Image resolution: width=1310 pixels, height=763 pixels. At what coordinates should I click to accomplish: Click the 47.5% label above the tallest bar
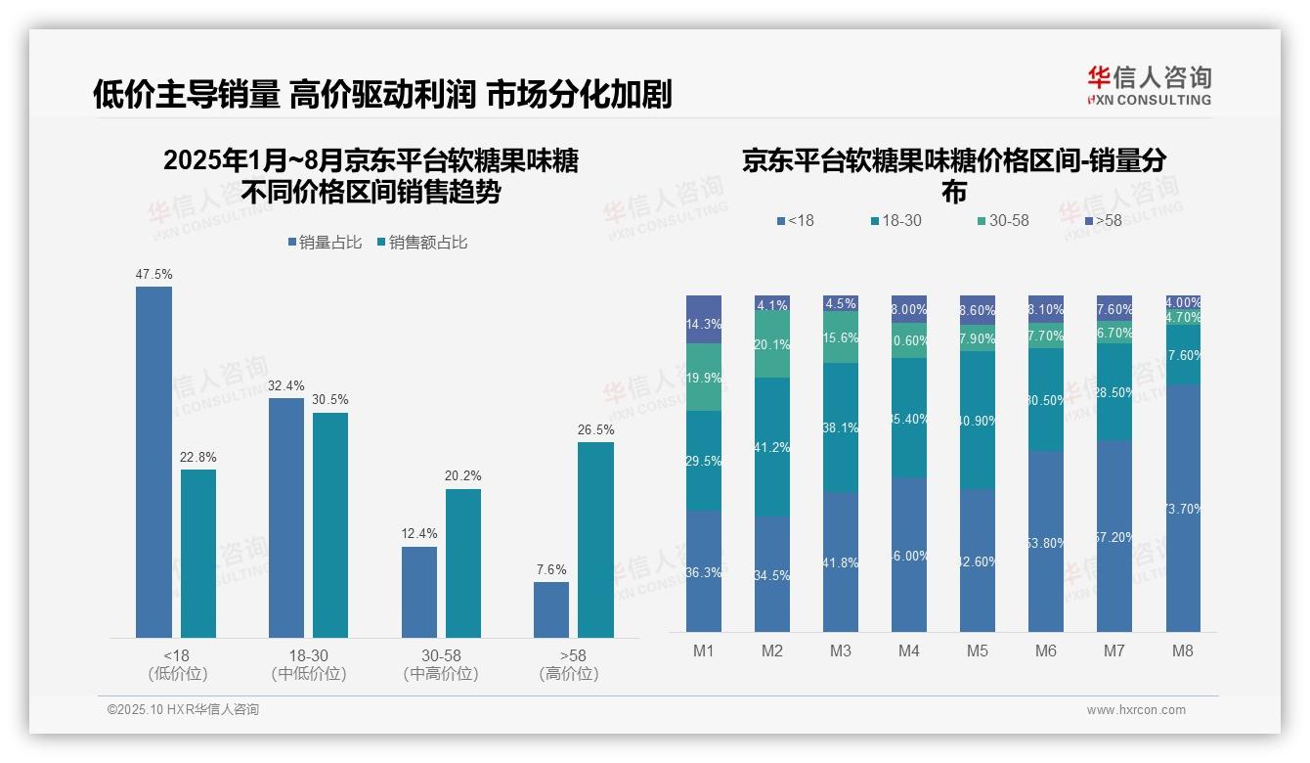[x=153, y=275]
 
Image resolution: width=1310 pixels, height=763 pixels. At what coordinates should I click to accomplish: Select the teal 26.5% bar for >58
[x=595, y=540]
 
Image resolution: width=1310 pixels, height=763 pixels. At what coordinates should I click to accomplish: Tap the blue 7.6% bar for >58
[x=551, y=609]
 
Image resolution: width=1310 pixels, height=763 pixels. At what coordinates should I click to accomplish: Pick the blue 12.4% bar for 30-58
[x=419, y=592]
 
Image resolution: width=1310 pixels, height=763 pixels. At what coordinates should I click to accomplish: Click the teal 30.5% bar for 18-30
[x=330, y=525]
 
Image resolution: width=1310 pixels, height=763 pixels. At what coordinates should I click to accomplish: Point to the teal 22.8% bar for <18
[x=198, y=554]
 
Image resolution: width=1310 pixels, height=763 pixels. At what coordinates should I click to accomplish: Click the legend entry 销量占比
[x=329, y=243]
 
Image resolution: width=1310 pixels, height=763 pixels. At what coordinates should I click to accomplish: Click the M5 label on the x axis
[x=978, y=651]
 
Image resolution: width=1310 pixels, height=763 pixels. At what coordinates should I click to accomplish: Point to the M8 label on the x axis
[x=1183, y=651]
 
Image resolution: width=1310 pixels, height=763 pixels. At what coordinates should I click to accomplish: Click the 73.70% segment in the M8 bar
[x=1183, y=508]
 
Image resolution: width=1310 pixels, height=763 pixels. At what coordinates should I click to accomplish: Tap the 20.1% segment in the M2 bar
[x=772, y=345]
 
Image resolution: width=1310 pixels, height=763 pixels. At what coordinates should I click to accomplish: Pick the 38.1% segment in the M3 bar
[x=841, y=427]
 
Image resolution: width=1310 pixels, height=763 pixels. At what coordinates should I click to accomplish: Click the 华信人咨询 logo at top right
[x=1149, y=85]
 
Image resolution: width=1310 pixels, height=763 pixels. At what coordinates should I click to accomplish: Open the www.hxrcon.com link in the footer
[x=1136, y=710]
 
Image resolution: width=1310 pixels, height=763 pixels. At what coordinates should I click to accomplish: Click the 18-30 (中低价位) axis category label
[x=309, y=664]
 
